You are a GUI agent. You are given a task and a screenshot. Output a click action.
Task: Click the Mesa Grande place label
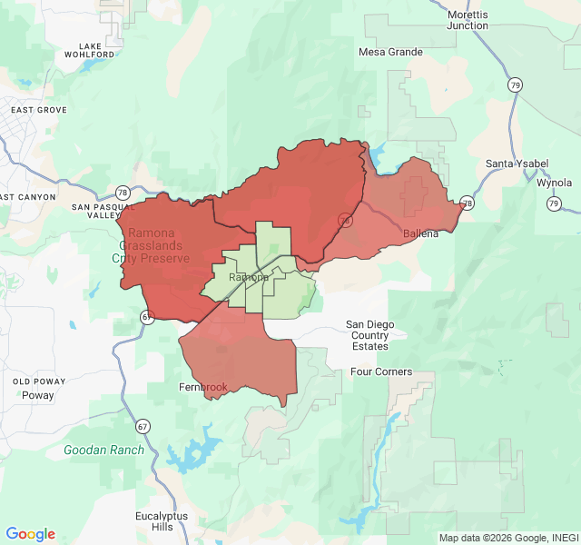[390, 52]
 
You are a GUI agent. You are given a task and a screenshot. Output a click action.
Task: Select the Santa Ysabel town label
[517, 163]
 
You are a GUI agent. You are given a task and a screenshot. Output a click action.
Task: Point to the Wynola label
[554, 182]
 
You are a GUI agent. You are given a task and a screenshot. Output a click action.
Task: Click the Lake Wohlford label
[90, 50]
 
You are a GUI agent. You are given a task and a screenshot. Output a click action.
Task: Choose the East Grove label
[39, 110]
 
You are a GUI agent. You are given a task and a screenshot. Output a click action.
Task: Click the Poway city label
[38, 396]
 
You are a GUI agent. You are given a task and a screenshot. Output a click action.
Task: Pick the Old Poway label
[34, 381]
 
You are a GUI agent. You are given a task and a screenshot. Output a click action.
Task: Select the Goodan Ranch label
[104, 450]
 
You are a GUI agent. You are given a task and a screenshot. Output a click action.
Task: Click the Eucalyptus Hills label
[162, 521]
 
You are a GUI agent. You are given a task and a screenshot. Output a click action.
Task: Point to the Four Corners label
[381, 372]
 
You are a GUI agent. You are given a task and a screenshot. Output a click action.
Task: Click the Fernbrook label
[203, 387]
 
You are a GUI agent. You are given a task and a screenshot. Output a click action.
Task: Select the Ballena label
[420, 233]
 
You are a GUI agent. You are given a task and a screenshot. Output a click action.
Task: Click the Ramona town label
[248, 277]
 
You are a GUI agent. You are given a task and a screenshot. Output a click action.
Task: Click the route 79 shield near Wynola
[554, 203]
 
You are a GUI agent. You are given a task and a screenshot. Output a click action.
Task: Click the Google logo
[30, 534]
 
